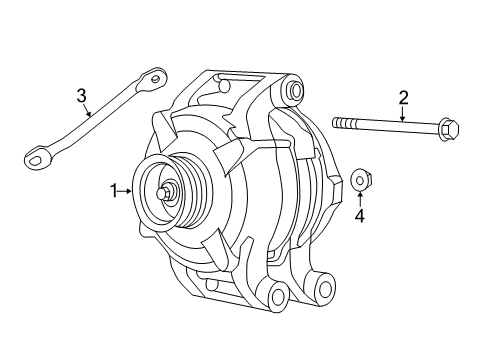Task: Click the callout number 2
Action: click(404, 97)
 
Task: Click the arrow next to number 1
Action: click(126, 189)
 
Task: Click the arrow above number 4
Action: click(360, 196)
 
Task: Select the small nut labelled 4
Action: click(360, 180)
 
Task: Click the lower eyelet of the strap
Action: click(36, 155)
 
